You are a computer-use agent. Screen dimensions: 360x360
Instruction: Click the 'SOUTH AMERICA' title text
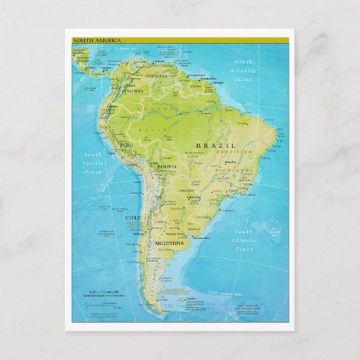coord(89,41)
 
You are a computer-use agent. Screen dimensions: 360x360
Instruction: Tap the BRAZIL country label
coord(216,145)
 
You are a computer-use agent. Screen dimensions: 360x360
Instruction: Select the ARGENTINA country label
coord(168,242)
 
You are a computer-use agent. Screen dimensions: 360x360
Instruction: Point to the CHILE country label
coord(133,217)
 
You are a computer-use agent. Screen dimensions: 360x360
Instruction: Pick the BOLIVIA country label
coord(167,166)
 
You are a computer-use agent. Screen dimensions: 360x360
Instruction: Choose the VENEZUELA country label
coord(156,76)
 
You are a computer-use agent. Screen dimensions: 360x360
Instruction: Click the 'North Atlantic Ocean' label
coord(243,70)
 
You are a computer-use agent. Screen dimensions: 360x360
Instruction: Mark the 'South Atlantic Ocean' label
coord(244,240)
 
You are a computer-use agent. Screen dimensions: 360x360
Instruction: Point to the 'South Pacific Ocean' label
coord(92,164)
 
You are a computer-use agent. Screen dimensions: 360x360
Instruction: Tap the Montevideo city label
coord(200,238)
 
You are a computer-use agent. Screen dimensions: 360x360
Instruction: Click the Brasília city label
coord(230,162)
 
